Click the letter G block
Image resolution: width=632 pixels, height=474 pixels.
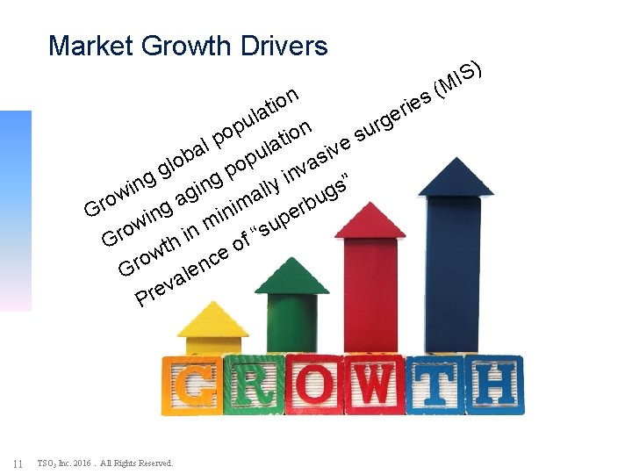192,385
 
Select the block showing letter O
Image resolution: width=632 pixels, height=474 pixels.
314,385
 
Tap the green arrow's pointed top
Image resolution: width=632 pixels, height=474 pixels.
291,276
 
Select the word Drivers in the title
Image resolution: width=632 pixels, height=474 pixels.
281,46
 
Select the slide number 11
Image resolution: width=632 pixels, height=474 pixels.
18,463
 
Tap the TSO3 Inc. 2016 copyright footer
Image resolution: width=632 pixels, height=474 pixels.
105,463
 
